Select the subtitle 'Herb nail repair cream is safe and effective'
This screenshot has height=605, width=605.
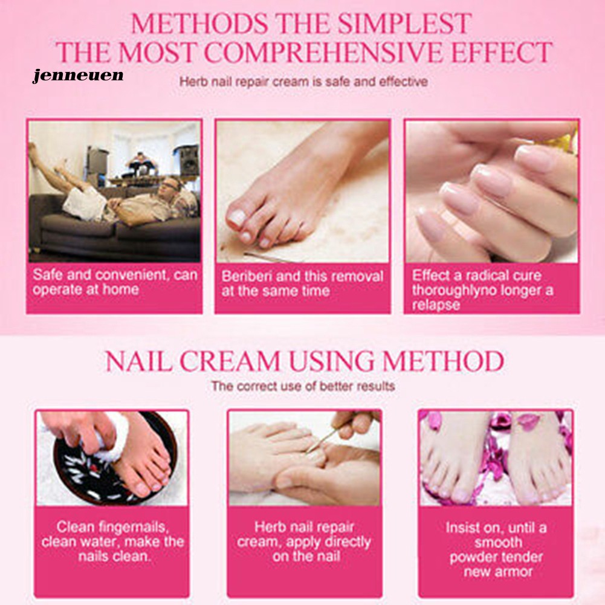[x=303, y=82]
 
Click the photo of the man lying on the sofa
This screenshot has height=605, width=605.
[x=115, y=192]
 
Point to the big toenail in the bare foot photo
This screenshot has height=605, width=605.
[x=237, y=218]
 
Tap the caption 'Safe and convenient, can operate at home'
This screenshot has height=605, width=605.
[x=115, y=282]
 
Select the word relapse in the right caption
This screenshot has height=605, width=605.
[x=436, y=305]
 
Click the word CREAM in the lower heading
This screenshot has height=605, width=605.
[x=230, y=361]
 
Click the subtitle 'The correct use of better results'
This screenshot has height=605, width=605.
[x=303, y=386]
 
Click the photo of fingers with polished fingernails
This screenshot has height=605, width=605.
[x=491, y=192]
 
